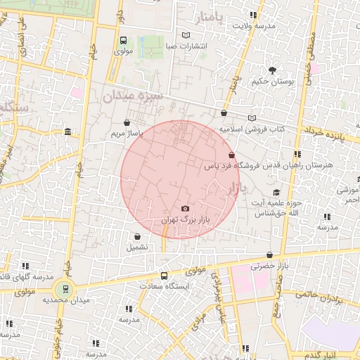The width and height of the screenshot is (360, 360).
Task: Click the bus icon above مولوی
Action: pos(124,40)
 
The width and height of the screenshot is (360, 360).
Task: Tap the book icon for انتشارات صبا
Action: pos(186,35)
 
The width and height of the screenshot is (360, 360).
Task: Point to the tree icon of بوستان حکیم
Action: pos(272,70)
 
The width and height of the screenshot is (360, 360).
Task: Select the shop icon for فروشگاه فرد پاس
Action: pos(231,155)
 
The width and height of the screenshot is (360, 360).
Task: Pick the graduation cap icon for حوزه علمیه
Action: pos(276,192)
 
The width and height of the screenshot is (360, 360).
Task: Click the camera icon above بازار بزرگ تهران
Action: pos(185,209)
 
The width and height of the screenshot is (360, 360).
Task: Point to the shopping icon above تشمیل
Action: pos(136,237)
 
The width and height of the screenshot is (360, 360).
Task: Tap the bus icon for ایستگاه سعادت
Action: pos(165,276)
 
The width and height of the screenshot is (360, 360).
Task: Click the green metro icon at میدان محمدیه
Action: pos(65,288)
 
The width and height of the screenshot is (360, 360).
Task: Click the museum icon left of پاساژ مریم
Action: pos(67,131)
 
